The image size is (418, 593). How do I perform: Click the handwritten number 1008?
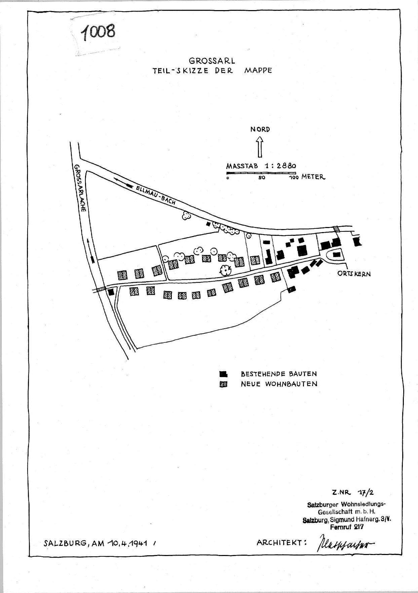[98, 32]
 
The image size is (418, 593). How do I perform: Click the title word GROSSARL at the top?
[212, 61]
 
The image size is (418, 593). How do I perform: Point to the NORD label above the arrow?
[260, 129]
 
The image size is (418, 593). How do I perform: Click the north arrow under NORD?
[260, 147]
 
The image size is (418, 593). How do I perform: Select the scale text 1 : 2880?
[280, 166]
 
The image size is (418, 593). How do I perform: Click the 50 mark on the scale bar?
[262, 177]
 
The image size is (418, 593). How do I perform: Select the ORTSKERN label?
[354, 273]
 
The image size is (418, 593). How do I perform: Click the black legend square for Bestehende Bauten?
[223, 374]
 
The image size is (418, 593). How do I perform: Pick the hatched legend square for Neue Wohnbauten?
[223, 384]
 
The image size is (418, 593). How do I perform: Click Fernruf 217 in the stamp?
[346, 527]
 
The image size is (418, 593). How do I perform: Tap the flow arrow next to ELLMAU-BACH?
[123, 182]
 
